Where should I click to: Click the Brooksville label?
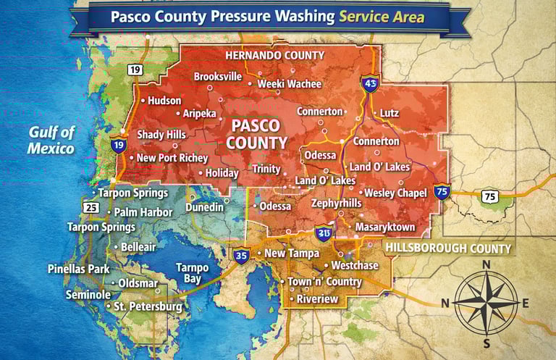(218, 76)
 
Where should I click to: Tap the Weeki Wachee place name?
(290, 84)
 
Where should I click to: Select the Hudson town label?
(164, 101)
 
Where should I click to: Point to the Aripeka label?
(199, 114)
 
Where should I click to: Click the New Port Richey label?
(172, 158)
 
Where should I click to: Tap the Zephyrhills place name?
(336, 204)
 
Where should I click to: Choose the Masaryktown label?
(384, 227)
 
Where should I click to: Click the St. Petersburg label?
(148, 307)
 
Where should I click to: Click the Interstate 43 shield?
(371, 83)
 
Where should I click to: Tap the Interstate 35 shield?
(242, 254)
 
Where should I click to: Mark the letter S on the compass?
(486, 343)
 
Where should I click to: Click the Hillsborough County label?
(448, 248)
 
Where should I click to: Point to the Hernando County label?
(274, 55)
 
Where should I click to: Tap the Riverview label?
(318, 298)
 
